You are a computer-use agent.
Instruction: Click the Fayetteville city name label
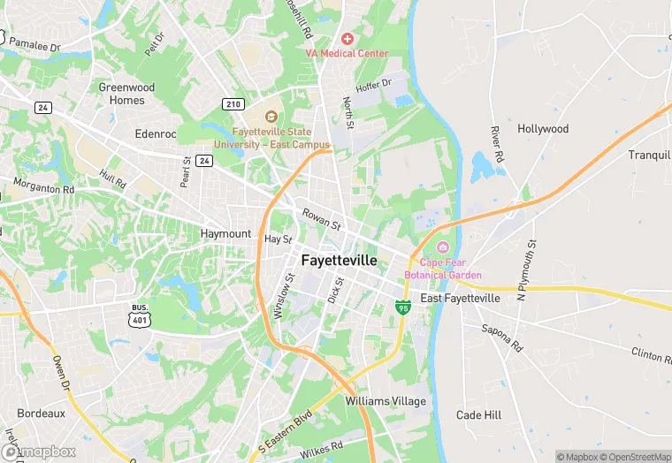[340, 261]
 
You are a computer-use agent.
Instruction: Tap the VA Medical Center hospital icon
[347, 39]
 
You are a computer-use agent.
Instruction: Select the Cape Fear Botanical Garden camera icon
[443, 247]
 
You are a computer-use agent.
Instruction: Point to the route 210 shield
[233, 104]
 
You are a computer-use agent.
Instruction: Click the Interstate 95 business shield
[403, 307]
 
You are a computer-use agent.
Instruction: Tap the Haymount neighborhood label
[226, 233]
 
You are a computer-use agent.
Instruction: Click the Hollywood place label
[543, 129]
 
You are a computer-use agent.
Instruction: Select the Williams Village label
[386, 401]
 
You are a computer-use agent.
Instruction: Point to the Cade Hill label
[478, 415]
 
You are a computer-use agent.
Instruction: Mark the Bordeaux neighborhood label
[42, 413]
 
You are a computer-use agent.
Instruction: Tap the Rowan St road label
[321, 218]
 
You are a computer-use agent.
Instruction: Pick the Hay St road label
[278, 239]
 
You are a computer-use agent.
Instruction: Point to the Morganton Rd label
[43, 186]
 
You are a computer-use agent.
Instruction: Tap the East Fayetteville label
[460, 299]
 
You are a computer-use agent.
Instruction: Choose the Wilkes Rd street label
[320, 447]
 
